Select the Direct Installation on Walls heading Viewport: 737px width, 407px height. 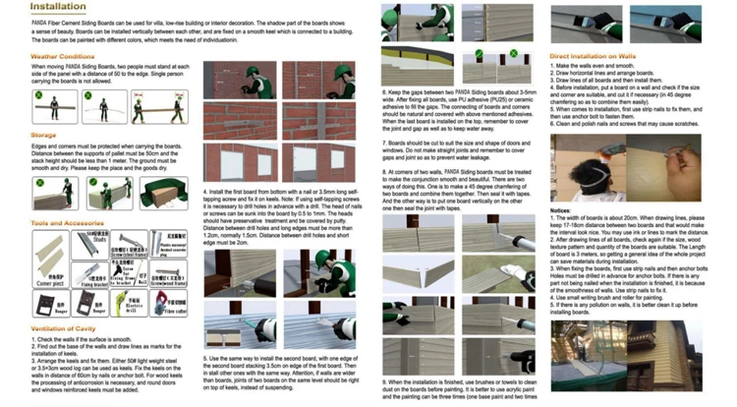[x=600, y=57]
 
